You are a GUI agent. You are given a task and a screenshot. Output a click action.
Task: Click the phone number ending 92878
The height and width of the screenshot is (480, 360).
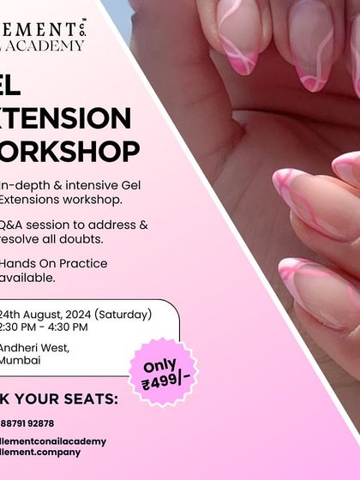tap(27, 423)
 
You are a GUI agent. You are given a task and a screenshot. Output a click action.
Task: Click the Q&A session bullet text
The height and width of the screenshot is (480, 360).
tap(74, 225)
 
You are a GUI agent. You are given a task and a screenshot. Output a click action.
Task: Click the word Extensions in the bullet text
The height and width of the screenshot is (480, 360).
tap(29, 199)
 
